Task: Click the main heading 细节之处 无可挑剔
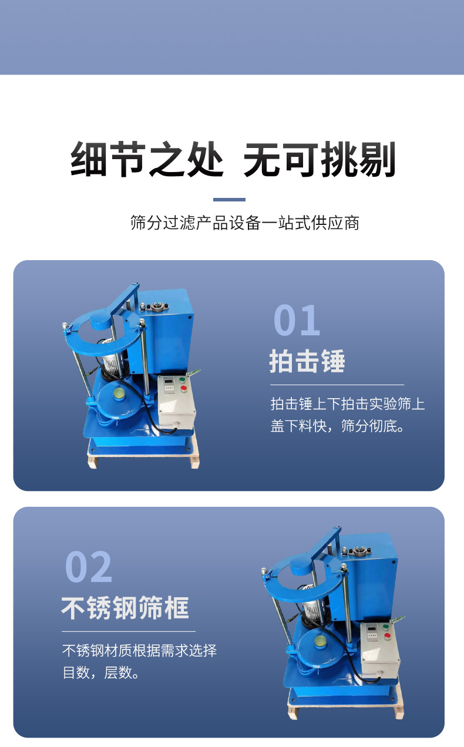point(233,159)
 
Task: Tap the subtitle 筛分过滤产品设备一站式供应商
point(245,223)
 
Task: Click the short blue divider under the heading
point(229,200)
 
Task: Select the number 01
point(297,320)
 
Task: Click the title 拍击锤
point(307,361)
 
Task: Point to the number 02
point(89,567)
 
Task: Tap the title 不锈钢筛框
point(125,608)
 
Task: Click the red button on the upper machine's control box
point(183,389)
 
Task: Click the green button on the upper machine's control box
point(182,380)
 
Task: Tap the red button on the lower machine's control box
point(387,635)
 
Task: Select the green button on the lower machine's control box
point(386,627)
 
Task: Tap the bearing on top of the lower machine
point(360,551)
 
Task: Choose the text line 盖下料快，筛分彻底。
point(338,426)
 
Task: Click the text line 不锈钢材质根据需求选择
point(140,651)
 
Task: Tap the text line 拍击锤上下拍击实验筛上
point(348,404)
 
